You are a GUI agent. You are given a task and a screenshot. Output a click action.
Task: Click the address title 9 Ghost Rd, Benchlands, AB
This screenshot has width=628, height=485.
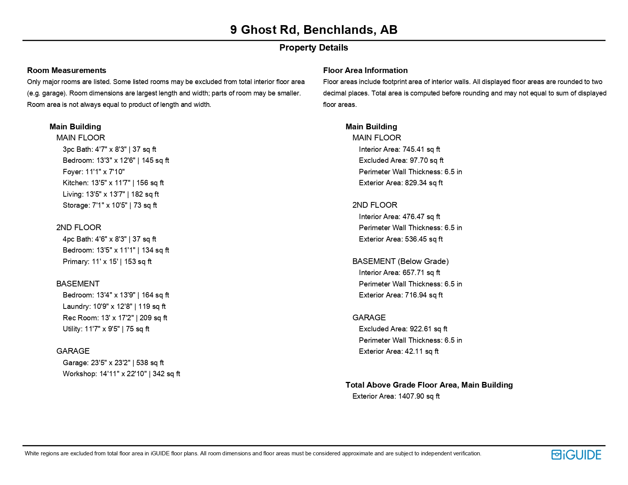pyautogui.click(x=314, y=30)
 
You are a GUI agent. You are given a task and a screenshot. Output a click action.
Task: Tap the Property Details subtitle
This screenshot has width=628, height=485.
pyautogui.click(x=314, y=48)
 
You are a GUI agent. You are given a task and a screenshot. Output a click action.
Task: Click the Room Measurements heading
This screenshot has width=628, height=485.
pyautogui.click(x=67, y=70)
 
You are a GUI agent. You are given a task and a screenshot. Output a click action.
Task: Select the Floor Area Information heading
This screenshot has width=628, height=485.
pyautogui.click(x=365, y=70)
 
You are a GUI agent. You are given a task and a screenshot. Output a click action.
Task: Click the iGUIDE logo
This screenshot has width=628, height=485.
pyautogui.click(x=576, y=455)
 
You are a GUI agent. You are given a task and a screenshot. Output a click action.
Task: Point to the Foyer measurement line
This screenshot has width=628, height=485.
pyautogui.click(x=94, y=172)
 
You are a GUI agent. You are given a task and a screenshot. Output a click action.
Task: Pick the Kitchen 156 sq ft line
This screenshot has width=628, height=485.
pyautogui.click(x=113, y=183)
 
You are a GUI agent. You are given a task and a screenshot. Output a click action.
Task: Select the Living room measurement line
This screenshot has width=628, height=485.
pyautogui.click(x=111, y=194)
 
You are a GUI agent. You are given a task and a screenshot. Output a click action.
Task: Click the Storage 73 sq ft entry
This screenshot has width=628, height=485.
pyautogui.click(x=110, y=205)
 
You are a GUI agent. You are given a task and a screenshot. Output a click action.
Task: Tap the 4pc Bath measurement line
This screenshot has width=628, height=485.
pyautogui.click(x=109, y=239)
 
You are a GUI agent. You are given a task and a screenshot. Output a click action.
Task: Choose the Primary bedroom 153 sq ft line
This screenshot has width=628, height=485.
pyautogui.click(x=107, y=262)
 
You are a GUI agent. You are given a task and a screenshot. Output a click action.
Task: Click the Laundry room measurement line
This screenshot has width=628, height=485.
pyautogui.click(x=114, y=307)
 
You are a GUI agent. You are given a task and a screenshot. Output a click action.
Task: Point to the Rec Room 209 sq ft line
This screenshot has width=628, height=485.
pyautogui.click(x=115, y=318)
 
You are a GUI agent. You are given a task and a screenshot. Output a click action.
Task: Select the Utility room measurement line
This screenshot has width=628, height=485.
pyautogui.click(x=106, y=329)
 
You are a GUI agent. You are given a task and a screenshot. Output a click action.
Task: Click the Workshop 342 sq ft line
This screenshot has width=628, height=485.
pyautogui.click(x=121, y=374)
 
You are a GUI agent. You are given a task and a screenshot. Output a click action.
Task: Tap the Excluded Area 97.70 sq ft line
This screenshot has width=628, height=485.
pyautogui.click(x=401, y=161)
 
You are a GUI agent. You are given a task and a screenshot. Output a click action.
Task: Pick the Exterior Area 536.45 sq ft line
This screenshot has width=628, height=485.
pyautogui.click(x=401, y=239)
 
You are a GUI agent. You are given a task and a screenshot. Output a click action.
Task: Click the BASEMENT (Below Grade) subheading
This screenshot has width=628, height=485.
pyautogui.click(x=400, y=261)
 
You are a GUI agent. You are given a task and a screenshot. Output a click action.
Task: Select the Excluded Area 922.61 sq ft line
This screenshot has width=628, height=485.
pyautogui.click(x=403, y=329)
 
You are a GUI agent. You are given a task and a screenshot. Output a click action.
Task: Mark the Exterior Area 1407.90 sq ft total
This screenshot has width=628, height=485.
pyautogui.click(x=396, y=396)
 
